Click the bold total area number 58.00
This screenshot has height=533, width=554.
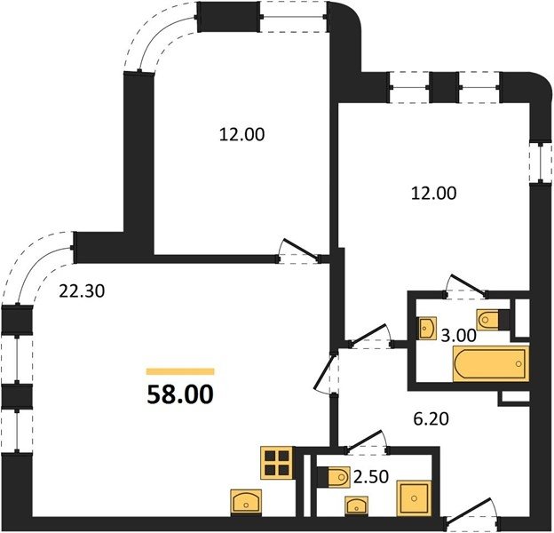(180, 394)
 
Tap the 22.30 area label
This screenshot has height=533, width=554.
(82, 291)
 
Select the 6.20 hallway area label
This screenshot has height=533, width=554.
(431, 418)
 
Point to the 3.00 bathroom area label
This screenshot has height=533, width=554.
(459, 335)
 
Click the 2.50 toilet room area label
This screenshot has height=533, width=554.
(371, 476)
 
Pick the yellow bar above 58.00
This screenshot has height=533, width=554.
(180, 371)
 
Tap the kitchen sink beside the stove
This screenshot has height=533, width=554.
(246, 503)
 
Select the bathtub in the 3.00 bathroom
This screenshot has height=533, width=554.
(491, 363)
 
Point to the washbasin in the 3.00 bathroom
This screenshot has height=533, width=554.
(428, 329)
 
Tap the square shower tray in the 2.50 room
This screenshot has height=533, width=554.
(414, 498)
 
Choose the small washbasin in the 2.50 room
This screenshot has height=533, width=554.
(357, 506)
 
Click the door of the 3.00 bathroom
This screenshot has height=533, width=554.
(466, 285)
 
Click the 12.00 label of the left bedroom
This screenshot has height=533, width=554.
(241, 135)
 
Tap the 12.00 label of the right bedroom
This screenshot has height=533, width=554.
(434, 194)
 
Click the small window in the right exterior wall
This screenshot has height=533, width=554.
(541, 163)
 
